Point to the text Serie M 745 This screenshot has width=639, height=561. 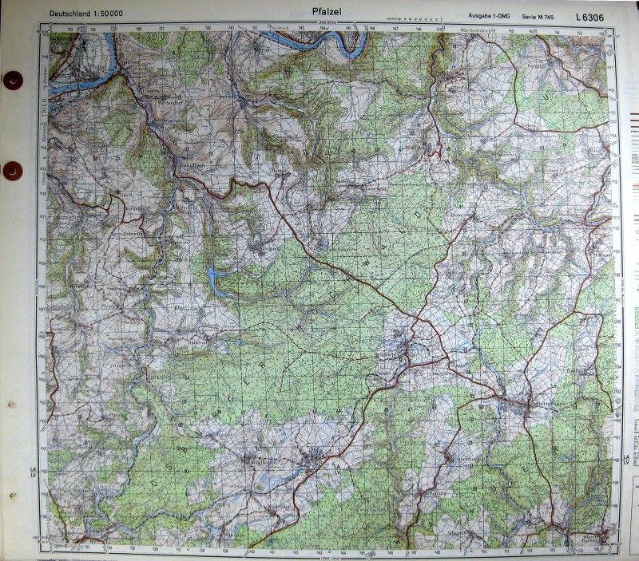click(538, 16)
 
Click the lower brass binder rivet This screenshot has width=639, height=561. click(13, 171)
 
